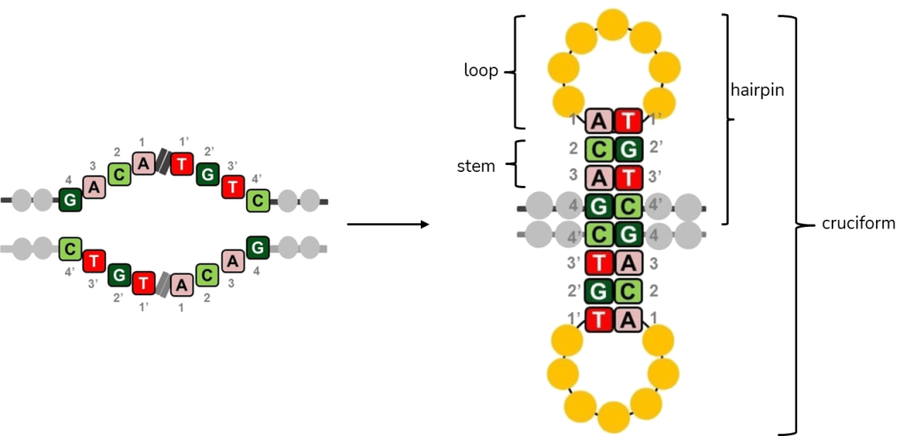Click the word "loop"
coord(481,71)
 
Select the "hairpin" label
coord(757,90)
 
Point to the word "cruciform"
coord(858,223)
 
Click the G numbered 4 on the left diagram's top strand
coord(70,199)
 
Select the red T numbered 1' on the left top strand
coord(182,165)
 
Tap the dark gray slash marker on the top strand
coord(163,163)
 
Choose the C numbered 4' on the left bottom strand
coord(70,248)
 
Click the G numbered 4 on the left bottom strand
coord(258,248)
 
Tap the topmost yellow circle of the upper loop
coord(613,25)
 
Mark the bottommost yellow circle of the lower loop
coord(613,417)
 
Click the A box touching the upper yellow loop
coord(599,120)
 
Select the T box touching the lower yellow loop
coord(599,320)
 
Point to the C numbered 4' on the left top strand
coord(258,200)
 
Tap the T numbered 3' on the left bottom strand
coord(94,261)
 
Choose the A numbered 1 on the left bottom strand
coord(182,284)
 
